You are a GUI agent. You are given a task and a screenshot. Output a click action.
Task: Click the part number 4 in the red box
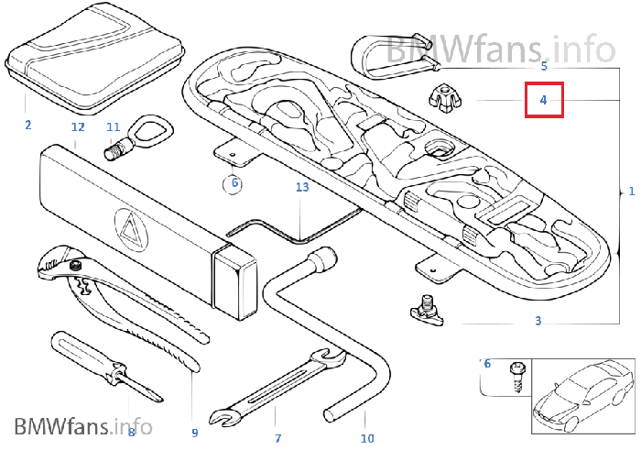pos(543,100)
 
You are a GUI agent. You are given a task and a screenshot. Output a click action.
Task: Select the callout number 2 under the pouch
pos(27,125)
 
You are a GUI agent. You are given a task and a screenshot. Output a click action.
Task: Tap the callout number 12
pos(78,127)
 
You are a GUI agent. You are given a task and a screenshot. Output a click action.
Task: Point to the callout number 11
pos(114,127)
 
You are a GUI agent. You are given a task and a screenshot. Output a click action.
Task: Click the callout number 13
pos(302,187)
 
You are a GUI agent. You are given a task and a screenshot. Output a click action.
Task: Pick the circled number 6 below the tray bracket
pos(234,182)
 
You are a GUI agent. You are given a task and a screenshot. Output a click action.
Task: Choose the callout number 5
pos(544,66)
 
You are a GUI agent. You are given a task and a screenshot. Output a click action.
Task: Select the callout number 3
pos(538,321)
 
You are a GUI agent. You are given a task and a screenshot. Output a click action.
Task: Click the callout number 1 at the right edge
pos(632,191)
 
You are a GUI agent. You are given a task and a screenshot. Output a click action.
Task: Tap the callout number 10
pos(367,439)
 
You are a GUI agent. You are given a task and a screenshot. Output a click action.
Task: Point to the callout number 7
pos(278,439)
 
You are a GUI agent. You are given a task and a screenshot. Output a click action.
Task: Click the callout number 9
pos(194,433)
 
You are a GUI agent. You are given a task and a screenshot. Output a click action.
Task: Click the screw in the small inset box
pos(516,376)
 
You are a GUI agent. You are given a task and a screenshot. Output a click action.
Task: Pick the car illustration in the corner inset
pos(582,396)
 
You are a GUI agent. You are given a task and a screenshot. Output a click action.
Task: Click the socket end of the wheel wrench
pos(323,258)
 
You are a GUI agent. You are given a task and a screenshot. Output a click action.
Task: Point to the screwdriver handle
pos(85,357)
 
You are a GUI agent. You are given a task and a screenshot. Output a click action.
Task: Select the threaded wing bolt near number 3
pos(426,310)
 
